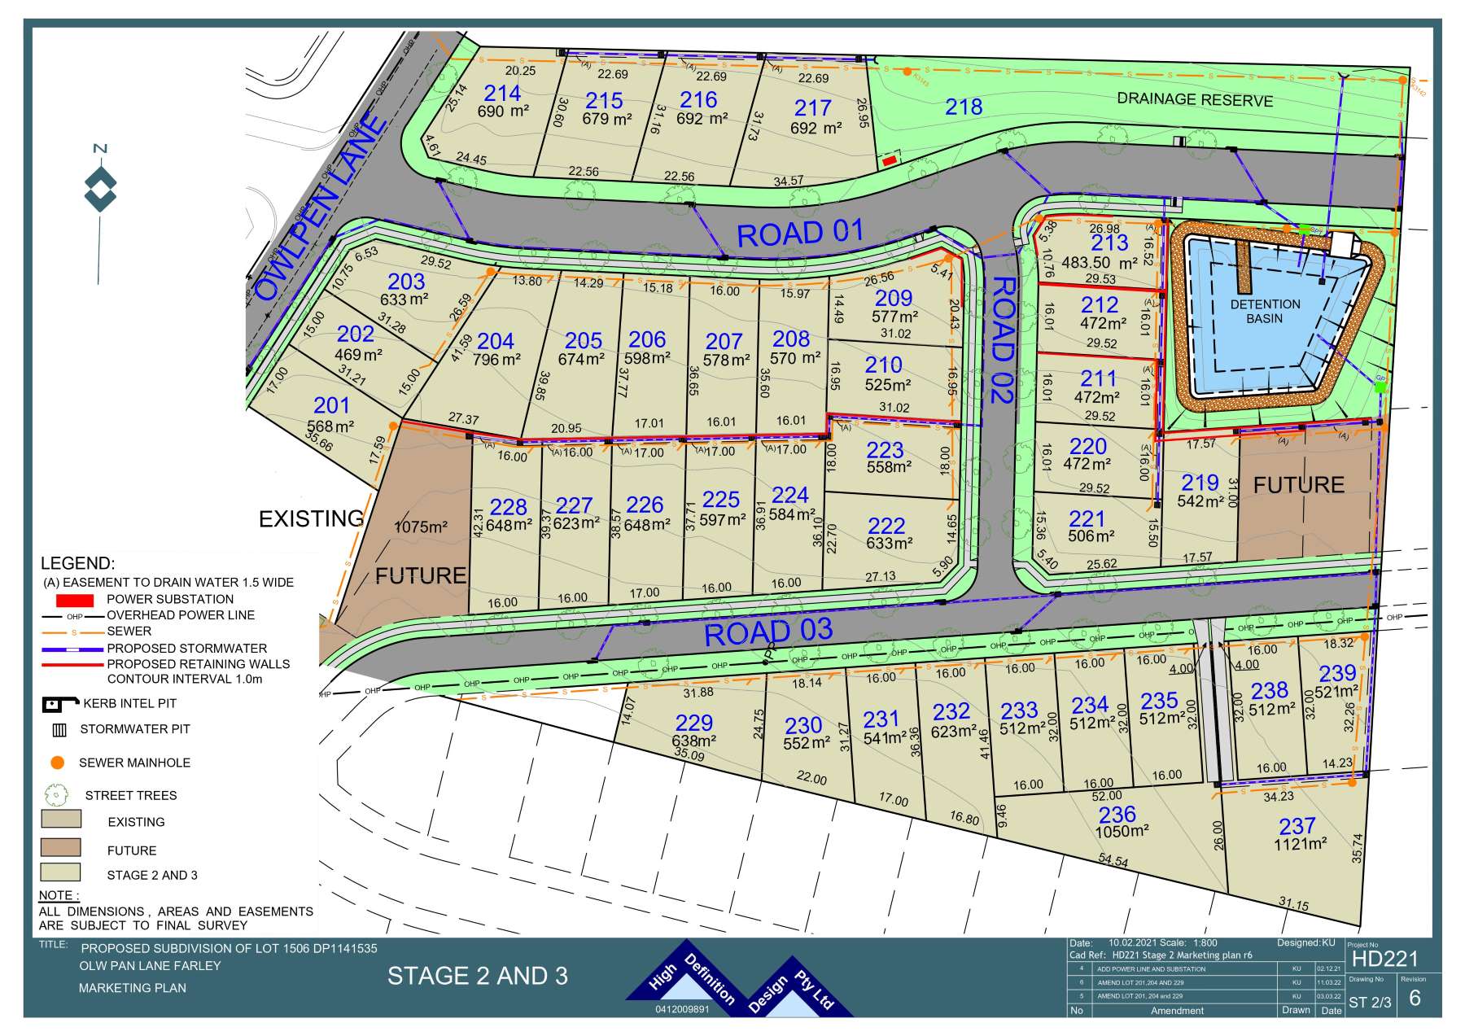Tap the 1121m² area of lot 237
[x=1300, y=845]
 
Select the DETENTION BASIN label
[x=1265, y=311]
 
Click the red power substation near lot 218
[x=890, y=161]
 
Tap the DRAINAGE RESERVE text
[x=1194, y=99]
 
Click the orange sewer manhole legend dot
[x=57, y=763]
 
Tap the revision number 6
[x=1414, y=999]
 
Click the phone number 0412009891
[x=682, y=1009]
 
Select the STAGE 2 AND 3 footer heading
[x=477, y=976]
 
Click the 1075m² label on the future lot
[x=421, y=527]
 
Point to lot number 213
[x=1109, y=243]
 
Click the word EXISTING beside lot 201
[x=310, y=518]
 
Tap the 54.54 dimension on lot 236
[x=1113, y=859]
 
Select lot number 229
[x=693, y=722]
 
